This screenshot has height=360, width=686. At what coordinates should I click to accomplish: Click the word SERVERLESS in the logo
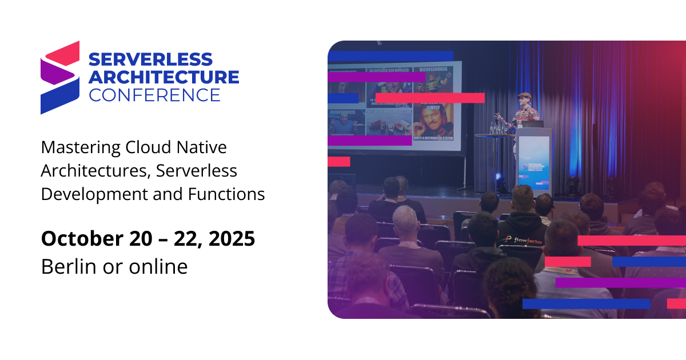click(x=150, y=59)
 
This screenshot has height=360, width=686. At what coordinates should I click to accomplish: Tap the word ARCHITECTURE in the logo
click(x=163, y=77)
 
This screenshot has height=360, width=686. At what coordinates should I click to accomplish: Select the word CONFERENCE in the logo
click(x=154, y=94)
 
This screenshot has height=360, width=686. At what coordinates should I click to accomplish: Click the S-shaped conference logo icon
click(x=59, y=77)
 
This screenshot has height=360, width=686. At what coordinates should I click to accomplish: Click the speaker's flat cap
click(x=524, y=95)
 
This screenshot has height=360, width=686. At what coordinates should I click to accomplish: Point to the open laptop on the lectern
click(x=533, y=123)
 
